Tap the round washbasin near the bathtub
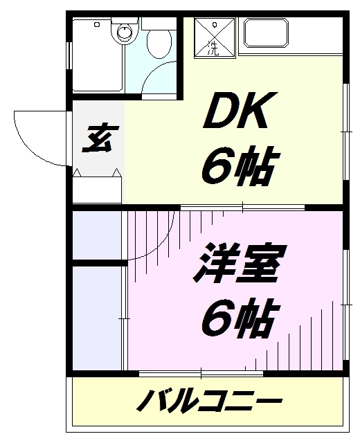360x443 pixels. coord(125,31)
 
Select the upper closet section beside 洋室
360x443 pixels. coord(97,235)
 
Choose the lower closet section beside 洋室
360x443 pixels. coord(97,318)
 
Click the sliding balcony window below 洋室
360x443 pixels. coord(201,374)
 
